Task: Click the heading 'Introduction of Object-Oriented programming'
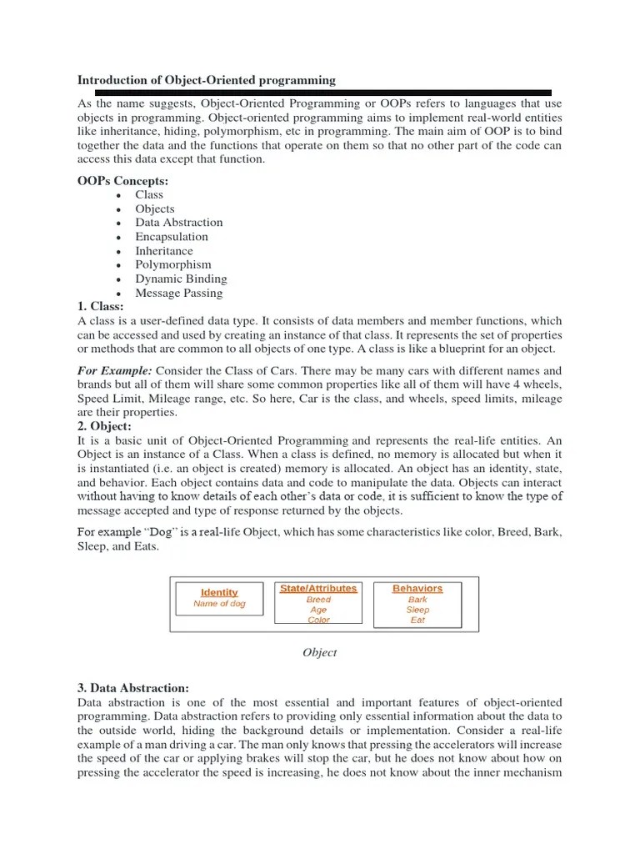[207, 80]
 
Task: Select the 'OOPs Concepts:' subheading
[122, 180]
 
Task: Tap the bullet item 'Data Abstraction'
[179, 223]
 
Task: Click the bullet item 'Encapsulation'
[172, 237]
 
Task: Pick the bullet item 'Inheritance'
[164, 251]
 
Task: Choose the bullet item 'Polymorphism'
[173, 264]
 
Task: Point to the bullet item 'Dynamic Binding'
[181, 279]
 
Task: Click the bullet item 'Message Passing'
[179, 293]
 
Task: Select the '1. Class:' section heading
[100, 307]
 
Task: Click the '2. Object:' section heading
[104, 426]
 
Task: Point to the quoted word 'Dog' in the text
[166, 531]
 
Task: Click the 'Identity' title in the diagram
[219, 592]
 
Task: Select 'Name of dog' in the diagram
[219, 604]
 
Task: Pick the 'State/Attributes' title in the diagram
[318, 588]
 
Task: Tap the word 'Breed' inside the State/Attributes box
[318, 600]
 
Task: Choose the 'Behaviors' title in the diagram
[417, 588]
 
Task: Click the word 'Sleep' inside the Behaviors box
[417, 610]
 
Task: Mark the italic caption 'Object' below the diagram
[319, 653]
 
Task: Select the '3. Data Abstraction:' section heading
[133, 688]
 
